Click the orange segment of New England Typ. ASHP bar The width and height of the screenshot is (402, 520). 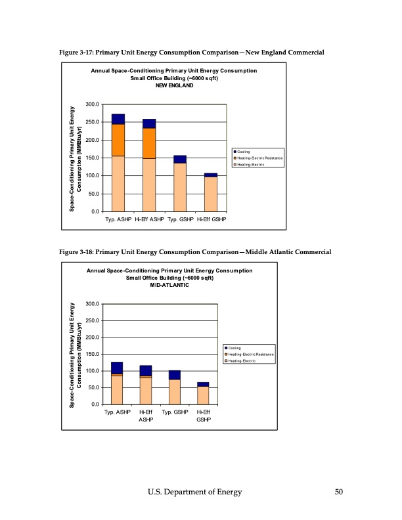(118, 140)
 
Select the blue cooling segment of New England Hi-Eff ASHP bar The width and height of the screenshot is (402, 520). (149, 123)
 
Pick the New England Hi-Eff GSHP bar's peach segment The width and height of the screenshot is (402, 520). (210, 194)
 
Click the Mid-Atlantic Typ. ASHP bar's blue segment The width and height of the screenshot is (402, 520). (117, 368)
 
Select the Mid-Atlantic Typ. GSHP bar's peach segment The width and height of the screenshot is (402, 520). (174, 392)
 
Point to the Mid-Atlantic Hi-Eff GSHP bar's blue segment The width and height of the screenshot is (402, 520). (203, 384)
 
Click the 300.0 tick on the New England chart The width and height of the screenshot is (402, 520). (92, 104)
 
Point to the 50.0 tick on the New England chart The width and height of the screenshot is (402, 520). (93, 194)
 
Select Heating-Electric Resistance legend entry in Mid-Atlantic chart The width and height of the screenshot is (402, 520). (252, 355)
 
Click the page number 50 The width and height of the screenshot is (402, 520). (338, 492)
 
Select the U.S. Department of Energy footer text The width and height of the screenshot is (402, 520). (194, 492)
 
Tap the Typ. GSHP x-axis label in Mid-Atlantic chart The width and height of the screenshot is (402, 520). (174, 412)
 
